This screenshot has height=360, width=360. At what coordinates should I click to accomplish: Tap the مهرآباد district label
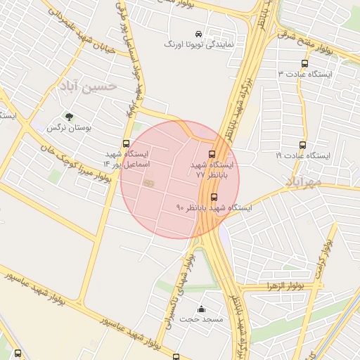click(304, 181)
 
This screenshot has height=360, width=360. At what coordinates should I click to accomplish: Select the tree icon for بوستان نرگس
click(68, 117)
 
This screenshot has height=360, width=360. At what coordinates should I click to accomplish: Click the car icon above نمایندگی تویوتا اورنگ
click(198, 34)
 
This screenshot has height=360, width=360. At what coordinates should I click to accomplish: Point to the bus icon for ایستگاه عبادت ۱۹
click(303, 145)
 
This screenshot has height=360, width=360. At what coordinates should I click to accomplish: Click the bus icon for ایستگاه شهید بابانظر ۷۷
click(212, 153)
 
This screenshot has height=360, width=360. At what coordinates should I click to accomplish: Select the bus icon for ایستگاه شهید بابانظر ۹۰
click(214, 197)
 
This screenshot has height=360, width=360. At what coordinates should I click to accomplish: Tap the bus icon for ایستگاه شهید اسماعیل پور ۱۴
click(126, 143)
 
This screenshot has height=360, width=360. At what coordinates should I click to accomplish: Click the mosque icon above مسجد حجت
click(202, 308)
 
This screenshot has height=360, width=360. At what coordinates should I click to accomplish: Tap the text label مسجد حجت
click(202, 319)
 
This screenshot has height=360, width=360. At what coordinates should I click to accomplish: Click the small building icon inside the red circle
click(148, 183)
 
